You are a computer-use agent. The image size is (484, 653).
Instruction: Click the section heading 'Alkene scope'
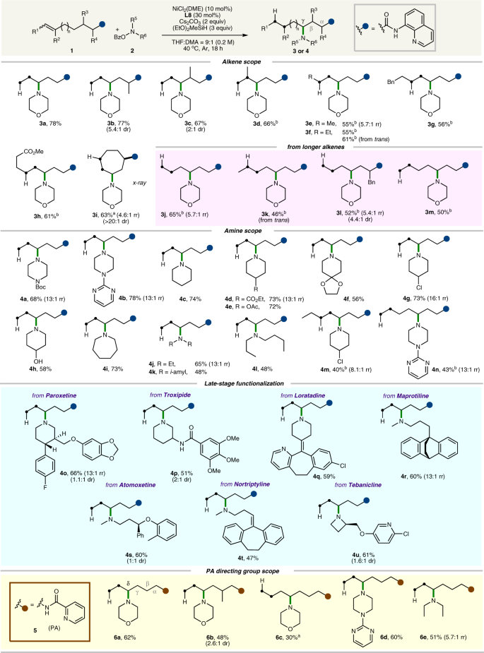[242, 61]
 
